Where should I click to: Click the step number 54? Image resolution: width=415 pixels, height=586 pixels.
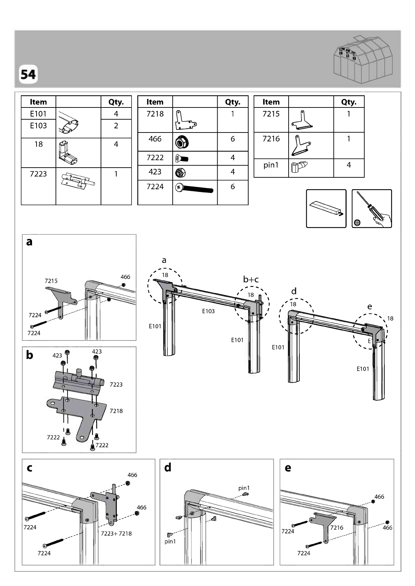click(x=28, y=74)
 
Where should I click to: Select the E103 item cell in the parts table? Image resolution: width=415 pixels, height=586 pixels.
click(x=38, y=126)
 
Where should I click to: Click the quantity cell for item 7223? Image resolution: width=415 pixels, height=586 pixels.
click(x=116, y=186)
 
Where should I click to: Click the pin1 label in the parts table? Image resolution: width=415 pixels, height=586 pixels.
click(x=271, y=165)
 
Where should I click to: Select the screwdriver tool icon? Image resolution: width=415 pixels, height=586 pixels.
click(x=371, y=209)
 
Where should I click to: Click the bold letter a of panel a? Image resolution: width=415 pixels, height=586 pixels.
click(x=29, y=242)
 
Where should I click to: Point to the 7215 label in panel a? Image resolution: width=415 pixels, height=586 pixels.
click(x=51, y=281)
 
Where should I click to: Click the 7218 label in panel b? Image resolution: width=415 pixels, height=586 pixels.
click(x=116, y=411)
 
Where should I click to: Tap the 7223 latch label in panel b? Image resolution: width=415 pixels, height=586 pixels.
click(x=116, y=385)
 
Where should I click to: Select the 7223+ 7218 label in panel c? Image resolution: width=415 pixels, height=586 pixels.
click(x=116, y=533)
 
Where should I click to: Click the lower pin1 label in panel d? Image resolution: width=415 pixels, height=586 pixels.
click(x=170, y=541)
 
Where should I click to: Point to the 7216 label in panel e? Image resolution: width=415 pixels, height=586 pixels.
click(x=337, y=528)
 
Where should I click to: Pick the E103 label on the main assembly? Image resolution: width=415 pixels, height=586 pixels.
click(x=209, y=311)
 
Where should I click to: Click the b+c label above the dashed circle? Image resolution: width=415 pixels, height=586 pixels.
click(x=251, y=279)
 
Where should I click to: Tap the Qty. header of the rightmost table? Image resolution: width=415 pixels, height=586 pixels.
click(x=349, y=102)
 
